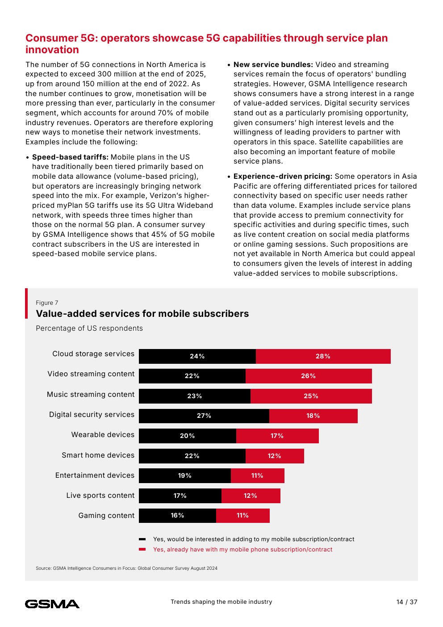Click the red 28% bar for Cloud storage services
click(323, 356)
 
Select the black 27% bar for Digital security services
click(204, 416)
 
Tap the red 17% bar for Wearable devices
click(277, 436)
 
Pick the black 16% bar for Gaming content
click(177, 515)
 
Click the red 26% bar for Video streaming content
click(308, 376)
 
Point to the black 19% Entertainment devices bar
click(184, 476)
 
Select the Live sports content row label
click(100, 495)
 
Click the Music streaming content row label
click(91, 394)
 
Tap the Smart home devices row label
click(98, 455)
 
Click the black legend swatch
click(142, 539)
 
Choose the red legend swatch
click(142, 549)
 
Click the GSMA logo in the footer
click(52, 604)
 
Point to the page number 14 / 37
click(406, 602)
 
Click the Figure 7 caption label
click(47, 303)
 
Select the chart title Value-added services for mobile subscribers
click(142, 314)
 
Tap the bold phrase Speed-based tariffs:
click(70, 157)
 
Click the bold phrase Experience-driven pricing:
click(283, 176)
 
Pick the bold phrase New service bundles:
click(273, 64)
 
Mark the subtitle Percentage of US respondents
click(89, 328)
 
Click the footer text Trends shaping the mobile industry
click(221, 602)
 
